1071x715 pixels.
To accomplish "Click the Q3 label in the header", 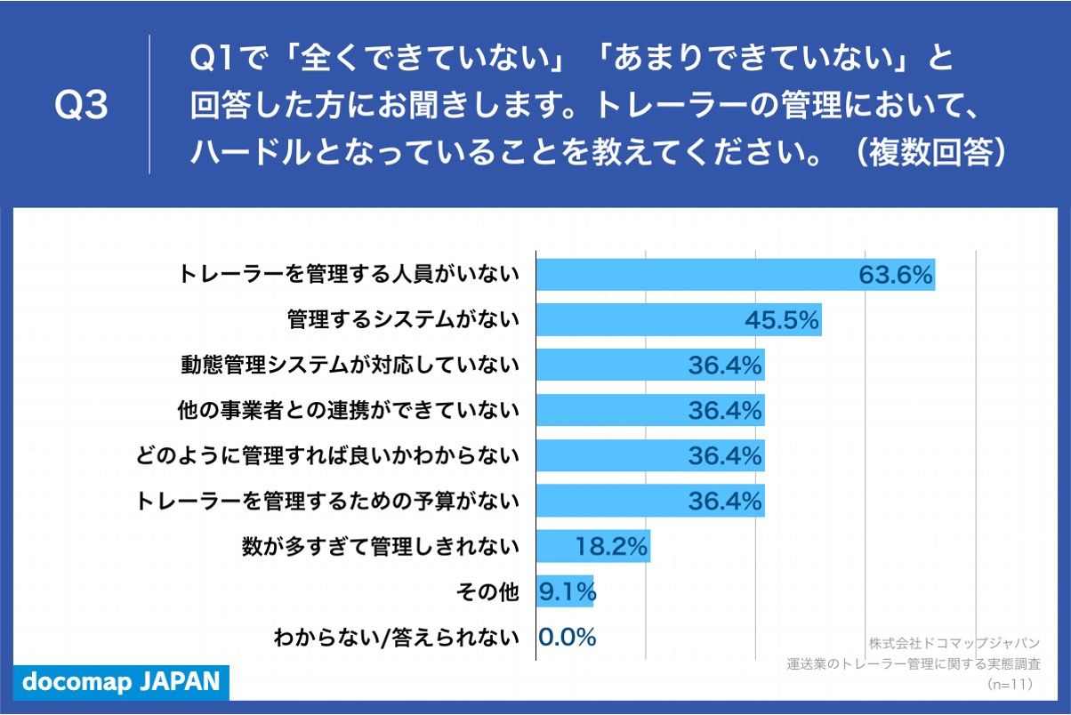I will click(81, 106).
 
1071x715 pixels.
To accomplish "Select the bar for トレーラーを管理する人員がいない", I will click(694, 274).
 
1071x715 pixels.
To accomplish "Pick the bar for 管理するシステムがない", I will click(640, 320).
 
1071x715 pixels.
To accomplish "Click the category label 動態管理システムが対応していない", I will click(349, 365).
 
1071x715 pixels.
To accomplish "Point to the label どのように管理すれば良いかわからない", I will click(327, 456).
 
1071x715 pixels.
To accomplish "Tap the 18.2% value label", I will click(611, 547).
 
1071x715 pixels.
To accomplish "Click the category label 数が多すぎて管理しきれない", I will click(380, 547).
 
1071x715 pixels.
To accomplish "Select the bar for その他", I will click(564, 592).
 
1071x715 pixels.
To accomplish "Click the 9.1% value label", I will click(567, 592).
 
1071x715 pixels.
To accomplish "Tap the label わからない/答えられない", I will click(396, 638).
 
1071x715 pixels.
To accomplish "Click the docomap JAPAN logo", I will click(120, 681).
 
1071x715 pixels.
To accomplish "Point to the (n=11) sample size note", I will click(1010, 684).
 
